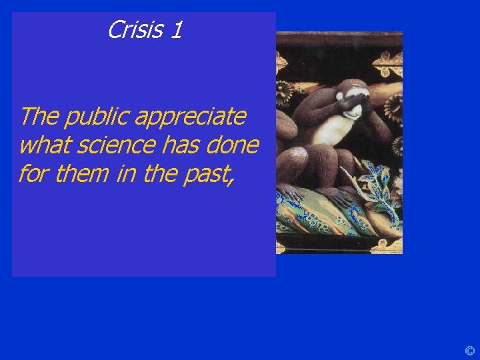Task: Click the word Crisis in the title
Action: tap(135, 30)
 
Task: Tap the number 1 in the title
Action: tap(175, 30)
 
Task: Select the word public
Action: tap(97, 117)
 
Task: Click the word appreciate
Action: tap(191, 117)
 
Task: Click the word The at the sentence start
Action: tap(39, 117)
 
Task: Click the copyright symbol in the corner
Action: tap(469, 351)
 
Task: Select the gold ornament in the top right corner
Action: tap(388, 64)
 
